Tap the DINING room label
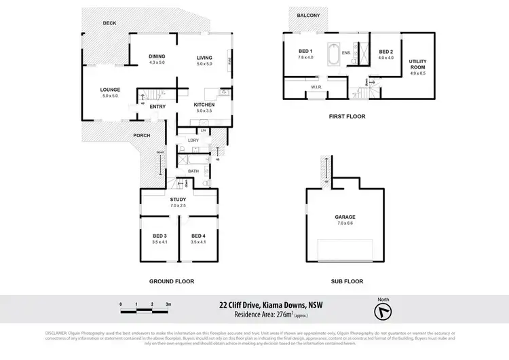157,56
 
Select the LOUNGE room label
110,90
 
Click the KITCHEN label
204,105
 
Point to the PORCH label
141,135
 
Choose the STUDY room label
178,199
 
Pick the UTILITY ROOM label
417,65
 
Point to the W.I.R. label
316,87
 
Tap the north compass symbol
384,309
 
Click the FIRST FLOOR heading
347,116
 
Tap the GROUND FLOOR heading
172,281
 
